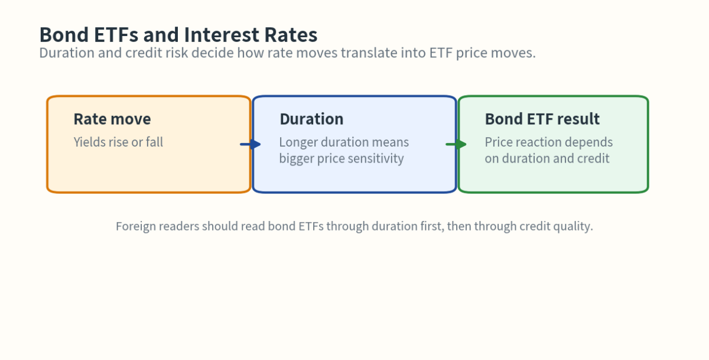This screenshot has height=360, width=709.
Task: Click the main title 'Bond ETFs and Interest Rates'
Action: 178,34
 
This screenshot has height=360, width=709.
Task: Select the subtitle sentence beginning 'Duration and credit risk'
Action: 287,53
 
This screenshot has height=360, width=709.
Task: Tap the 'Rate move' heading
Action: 112,119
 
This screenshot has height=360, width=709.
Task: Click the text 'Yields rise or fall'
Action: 118,142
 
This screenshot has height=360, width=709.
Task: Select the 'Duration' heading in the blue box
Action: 311,119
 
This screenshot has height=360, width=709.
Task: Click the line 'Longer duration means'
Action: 344,142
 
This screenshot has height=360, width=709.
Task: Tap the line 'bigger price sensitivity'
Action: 342,158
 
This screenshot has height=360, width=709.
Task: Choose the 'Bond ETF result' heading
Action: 542,119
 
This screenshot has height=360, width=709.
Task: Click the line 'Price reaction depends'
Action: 548,142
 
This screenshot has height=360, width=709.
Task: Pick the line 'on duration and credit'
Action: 547,158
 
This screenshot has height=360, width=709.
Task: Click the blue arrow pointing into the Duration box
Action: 251,144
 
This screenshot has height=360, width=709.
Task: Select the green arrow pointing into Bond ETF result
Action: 456,144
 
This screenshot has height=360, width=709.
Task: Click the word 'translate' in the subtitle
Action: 368,53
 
